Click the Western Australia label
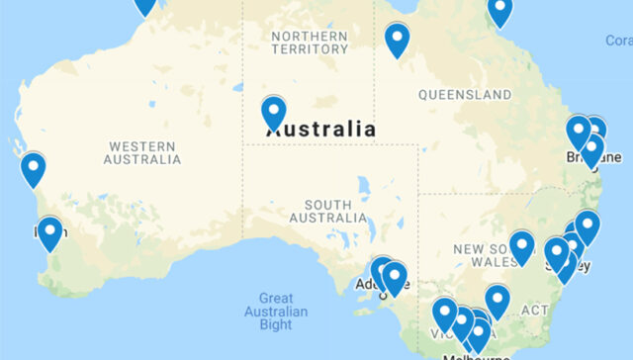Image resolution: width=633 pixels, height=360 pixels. click(x=142, y=152)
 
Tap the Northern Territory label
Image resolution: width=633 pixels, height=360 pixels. click(x=310, y=42)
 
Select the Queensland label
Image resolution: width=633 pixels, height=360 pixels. click(x=464, y=95)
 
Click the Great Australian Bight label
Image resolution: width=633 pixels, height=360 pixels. click(x=276, y=311)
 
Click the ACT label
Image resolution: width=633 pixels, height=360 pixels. click(x=534, y=311)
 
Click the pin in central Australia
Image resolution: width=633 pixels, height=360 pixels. click(x=274, y=112)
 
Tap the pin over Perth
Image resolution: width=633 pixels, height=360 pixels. click(x=49, y=233)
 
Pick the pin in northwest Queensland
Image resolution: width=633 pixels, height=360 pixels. click(x=397, y=39)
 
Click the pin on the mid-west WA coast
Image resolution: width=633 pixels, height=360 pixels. click(x=34, y=168)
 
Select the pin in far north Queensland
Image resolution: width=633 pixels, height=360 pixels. click(x=500, y=10)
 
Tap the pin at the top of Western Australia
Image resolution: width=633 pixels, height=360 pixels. click(x=145, y=4)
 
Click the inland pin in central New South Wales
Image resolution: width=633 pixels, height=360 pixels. click(x=521, y=247)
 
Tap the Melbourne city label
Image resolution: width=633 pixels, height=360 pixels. click(x=476, y=355)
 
